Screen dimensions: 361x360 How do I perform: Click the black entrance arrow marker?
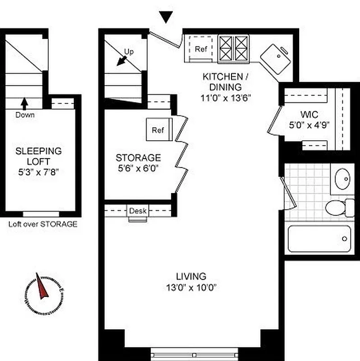pos(166,17)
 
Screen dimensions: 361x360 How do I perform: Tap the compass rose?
pos(43,293)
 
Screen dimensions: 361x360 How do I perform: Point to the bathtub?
pos(319,239)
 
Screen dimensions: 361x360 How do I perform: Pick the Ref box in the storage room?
pos(158,130)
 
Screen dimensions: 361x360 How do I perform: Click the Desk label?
pos(138,211)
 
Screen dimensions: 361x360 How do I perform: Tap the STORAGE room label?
pos(138,158)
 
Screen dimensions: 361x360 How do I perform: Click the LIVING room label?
pos(191,276)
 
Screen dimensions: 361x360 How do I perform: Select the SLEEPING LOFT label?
pos(38,156)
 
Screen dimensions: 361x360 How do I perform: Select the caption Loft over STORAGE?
pos(43,224)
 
